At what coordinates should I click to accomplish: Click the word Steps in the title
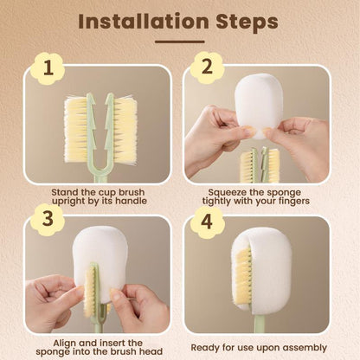[245, 20]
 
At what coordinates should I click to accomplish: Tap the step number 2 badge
[207, 66]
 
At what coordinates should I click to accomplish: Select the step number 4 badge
[207, 220]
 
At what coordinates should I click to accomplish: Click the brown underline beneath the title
[179, 42]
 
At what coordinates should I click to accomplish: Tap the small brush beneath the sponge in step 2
[259, 164]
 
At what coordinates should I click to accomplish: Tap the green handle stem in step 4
[260, 325]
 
